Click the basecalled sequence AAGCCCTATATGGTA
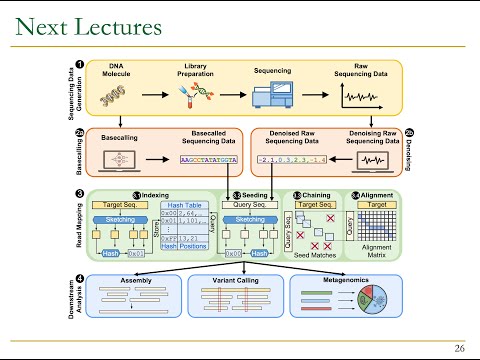pyautogui.click(x=208, y=159)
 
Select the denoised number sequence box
pyautogui.click(x=288, y=159)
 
